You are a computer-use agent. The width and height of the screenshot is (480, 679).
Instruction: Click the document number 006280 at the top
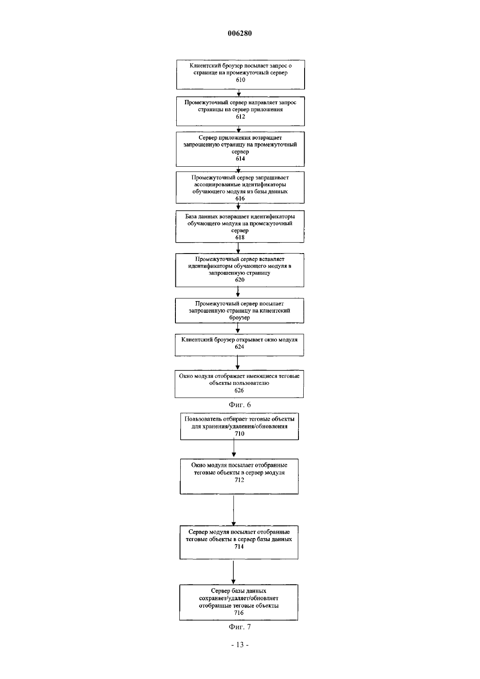[x=240, y=33]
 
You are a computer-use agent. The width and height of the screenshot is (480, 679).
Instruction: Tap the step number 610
[x=240, y=80]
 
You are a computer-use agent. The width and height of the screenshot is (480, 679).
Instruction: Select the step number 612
[x=240, y=117]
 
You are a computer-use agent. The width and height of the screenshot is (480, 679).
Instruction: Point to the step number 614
[x=240, y=158]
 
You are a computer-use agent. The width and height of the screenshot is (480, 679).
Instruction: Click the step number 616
[x=240, y=198]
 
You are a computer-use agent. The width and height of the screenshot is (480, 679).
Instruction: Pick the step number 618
[x=240, y=237]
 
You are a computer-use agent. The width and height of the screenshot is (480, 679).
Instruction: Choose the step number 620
[x=240, y=279]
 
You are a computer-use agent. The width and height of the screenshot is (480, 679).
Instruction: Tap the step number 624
[x=240, y=346]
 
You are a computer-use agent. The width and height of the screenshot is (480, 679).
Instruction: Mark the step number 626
[x=239, y=390]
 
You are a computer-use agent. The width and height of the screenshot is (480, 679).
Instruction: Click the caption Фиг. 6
[x=240, y=405]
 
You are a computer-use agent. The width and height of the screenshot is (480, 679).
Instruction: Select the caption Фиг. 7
[x=240, y=627]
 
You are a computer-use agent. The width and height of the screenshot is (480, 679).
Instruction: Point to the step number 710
[x=240, y=433]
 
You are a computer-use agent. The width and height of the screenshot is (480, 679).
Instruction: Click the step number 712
[x=240, y=480]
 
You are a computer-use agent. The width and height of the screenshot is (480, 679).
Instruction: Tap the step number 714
[x=239, y=546]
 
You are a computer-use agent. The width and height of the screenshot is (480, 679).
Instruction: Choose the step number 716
[x=239, y=613]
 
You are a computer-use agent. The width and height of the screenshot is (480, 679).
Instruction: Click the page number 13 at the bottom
[x=240, y=645]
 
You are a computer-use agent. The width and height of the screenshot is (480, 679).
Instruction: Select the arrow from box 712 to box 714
[x=233, y=510]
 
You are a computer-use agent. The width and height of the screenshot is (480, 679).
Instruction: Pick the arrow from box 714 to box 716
[x=233, y=572]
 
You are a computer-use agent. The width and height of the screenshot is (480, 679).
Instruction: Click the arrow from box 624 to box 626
[x=237, y=363]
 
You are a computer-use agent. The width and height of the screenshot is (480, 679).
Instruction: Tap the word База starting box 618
[x=191, y=216]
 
